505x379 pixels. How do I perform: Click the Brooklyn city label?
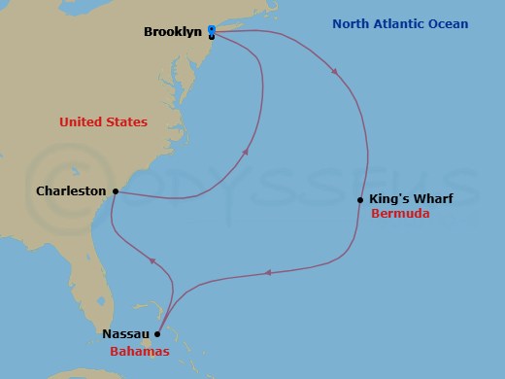[173, 32]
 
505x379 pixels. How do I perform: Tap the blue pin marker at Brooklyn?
[212, 29]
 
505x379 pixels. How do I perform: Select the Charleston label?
[71, 191]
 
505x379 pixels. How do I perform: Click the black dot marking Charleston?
[115, 191]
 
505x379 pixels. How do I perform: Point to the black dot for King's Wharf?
[360, 200]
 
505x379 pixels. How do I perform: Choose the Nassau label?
[125, 333]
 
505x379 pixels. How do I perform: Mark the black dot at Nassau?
[157, 333]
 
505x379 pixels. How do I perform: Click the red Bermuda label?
[400, 213]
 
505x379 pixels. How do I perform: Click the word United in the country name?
[81, 122]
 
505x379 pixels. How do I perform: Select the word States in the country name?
[127, 122]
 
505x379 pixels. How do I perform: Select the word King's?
[389, 198]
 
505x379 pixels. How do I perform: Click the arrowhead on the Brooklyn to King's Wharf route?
[335, 71]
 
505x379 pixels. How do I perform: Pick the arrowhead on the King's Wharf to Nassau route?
[268, 272]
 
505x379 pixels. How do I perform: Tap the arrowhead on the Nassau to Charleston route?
[151, 260]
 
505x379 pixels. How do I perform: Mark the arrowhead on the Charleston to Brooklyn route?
[244, 152]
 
